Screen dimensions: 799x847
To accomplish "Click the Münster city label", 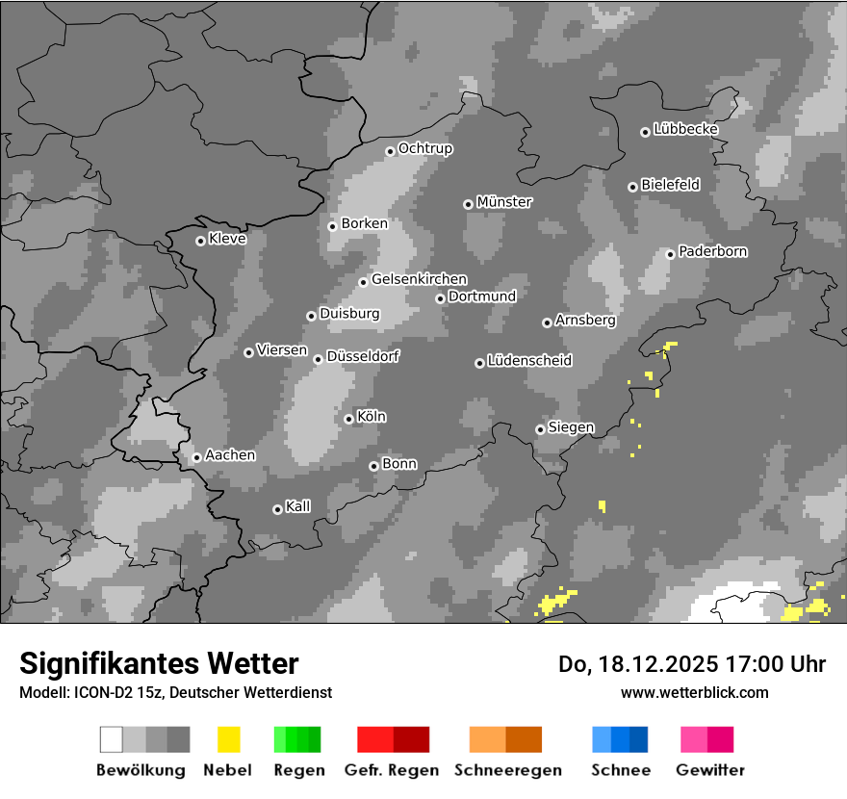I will pyautogui.click(x=503, y=202).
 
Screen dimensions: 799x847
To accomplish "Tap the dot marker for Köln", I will pyautogui.click(x=348, y=419).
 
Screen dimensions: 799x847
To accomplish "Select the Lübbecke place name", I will pyautogui.click(x=685, y=129).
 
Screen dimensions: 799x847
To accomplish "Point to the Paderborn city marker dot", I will pyautogui.click(x=670, y=254).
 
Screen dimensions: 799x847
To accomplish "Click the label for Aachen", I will pyautogui.click(x=230, y=454).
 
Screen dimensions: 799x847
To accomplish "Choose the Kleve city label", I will pyautogui.click(x=227, y=239).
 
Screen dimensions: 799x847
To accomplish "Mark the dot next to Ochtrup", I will pyautogui.click(x=390, y=150).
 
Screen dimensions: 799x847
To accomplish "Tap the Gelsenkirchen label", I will pyautogui.click(x=419, y=279).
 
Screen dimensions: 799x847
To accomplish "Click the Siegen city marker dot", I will pyautogui.click(x=540, y=429).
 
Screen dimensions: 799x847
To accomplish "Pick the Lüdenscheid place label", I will pyautogui.click(x=529, y=361).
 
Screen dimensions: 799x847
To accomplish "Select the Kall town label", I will pyautogui.click(x=298, y=506).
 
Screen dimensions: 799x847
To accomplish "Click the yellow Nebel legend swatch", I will pyautogui.click(x=228, y=739).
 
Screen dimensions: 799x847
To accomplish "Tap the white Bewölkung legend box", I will pyautogui.click(x=112, y=739).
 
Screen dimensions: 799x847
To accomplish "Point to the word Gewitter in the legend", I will pyautogui.click(x=710, y=770).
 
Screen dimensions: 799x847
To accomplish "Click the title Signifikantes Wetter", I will pyautogui.click(x=159, y=663).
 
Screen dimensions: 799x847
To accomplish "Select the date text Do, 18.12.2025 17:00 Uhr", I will pyautogui.click(x=692, y=664).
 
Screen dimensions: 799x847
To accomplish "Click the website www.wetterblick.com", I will pyautogui.click(x=694, y=692).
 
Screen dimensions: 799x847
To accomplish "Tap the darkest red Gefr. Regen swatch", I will pyautogui.click(x=411, y=739).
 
